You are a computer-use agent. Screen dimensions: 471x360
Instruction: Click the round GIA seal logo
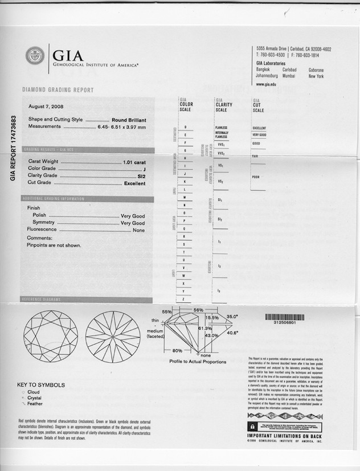point(35,55)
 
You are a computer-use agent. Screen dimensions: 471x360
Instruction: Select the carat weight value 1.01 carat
point(134,162)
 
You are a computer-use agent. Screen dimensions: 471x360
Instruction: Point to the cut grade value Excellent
point(134,183)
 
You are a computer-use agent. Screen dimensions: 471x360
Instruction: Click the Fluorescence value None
point(138,230)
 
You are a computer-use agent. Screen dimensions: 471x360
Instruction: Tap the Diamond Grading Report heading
point(58,90)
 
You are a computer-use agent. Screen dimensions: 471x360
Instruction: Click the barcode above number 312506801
point(284,317)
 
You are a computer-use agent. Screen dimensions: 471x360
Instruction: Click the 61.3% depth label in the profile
point(205,329)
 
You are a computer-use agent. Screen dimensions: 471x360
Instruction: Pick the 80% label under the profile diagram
point(177,351)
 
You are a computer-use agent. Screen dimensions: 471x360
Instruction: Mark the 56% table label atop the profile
point(198,310)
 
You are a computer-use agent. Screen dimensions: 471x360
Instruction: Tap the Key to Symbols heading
point(41,385)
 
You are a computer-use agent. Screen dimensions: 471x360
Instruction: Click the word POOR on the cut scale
point(256,177)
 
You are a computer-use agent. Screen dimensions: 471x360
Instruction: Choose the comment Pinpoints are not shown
point(54,245)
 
